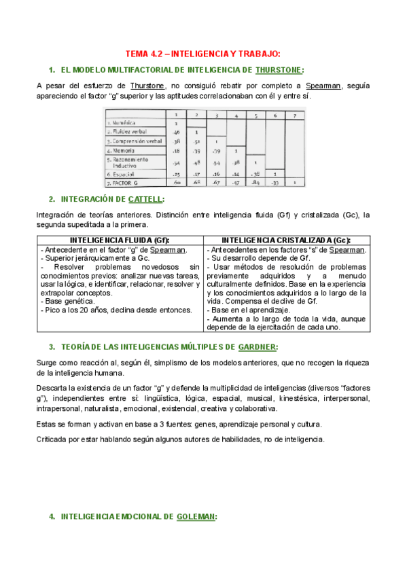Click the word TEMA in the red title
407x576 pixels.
[x=139, y=54]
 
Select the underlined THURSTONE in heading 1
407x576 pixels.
[x=279, y=70]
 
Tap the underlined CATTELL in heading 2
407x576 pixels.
[x=145, y=199]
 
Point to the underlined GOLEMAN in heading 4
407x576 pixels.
[x=196, y=516]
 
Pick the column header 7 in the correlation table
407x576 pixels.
[x=295, y=115]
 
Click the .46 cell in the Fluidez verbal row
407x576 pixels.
[x=176, y=131]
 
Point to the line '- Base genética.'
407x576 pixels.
[x=68, y=301]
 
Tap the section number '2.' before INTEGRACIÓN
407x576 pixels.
[x=52, y=199]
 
